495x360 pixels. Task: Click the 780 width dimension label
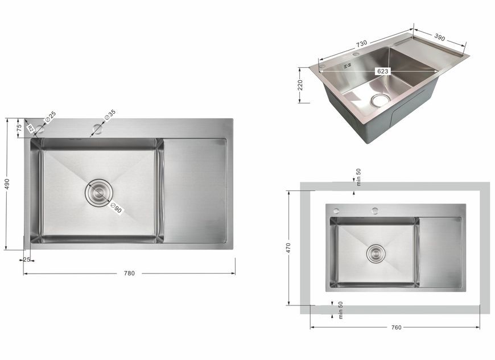coord(129,273)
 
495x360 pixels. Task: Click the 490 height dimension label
coord(7,184)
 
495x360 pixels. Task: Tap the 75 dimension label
coord(19,127)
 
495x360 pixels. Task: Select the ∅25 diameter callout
coord(50,117)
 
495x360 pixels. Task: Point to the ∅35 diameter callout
coord(110,115)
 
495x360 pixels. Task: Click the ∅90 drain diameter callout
coord(116,209)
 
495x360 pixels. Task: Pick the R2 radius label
coord(30,129)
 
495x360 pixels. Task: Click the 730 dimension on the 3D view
coord(361,43)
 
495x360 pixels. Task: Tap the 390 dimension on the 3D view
coord(439,38)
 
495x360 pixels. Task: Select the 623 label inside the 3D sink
coord(382,71)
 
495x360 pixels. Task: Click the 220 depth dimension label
coord(300,85)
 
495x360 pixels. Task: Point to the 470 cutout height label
coord(288,248)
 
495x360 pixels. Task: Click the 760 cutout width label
coord(396,327)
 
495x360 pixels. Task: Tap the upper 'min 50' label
coord(358,177)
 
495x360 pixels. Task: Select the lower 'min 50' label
coord(340,310)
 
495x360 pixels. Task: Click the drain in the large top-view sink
coord(99,193)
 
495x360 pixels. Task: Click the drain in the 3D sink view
coord(381,100)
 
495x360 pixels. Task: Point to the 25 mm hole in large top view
coord(40,129)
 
